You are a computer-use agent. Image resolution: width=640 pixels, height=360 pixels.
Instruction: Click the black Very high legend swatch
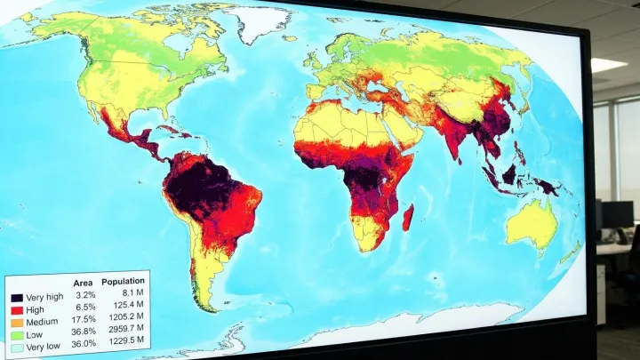(x=17, y=297)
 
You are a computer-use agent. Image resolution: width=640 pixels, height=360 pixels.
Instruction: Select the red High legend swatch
(x=17, y=308)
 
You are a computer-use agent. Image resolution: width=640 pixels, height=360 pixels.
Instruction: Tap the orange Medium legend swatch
(x=17, y=321)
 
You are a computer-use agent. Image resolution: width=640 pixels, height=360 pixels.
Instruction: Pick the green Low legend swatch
(x=17, y=333)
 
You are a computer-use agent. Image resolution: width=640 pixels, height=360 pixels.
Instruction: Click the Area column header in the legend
(x=83, y=282)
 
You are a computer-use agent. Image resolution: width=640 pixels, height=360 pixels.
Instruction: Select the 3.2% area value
(x=85, y=294)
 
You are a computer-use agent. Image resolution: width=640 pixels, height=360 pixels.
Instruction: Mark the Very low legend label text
(x=44, y=346)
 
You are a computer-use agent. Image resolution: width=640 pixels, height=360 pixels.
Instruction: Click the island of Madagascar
(x=408, y=216)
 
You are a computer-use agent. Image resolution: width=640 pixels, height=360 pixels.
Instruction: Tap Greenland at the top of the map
(x=258, y=22)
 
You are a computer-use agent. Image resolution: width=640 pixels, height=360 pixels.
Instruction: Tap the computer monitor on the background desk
(x=617, y=215)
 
